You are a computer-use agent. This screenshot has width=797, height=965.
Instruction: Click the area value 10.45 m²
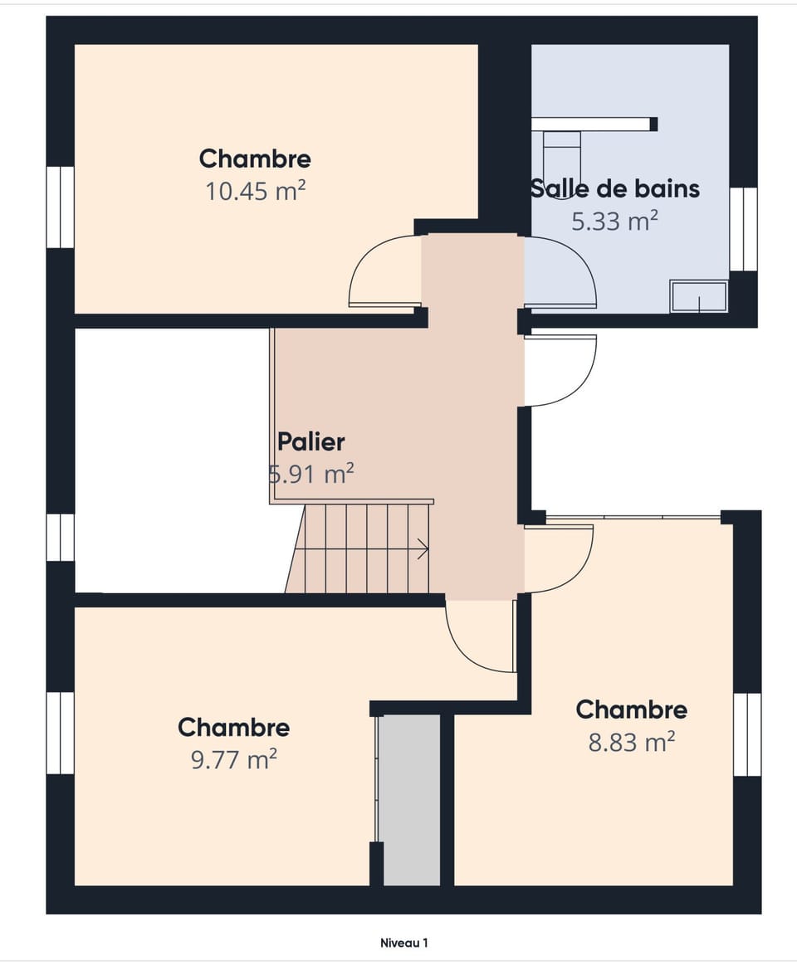(256, 192)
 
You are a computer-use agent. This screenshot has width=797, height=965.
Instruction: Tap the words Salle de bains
(615, 188)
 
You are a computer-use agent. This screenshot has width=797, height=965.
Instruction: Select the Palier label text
(310, 441)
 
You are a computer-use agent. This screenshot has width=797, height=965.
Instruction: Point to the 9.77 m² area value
(234, 760)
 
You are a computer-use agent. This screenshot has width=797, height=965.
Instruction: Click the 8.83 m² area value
(631, 742)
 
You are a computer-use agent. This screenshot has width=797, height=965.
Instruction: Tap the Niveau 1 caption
(403, 943)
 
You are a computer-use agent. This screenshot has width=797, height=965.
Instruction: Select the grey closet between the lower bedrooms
(409, 799)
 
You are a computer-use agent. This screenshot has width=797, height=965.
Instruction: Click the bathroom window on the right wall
(743, 229)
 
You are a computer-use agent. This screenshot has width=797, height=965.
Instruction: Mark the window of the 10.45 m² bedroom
(60, 207)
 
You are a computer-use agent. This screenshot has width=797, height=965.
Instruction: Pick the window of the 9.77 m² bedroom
(60, 733)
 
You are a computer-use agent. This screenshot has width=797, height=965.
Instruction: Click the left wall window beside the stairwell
(60, 538)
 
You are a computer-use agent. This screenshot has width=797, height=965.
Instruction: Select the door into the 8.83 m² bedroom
(560, 559)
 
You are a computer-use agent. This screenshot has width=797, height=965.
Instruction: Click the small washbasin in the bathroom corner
(699, 297)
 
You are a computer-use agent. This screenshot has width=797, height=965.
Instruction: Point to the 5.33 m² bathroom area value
(614, 222)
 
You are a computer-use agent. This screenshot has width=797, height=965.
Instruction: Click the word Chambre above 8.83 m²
(631, 709)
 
